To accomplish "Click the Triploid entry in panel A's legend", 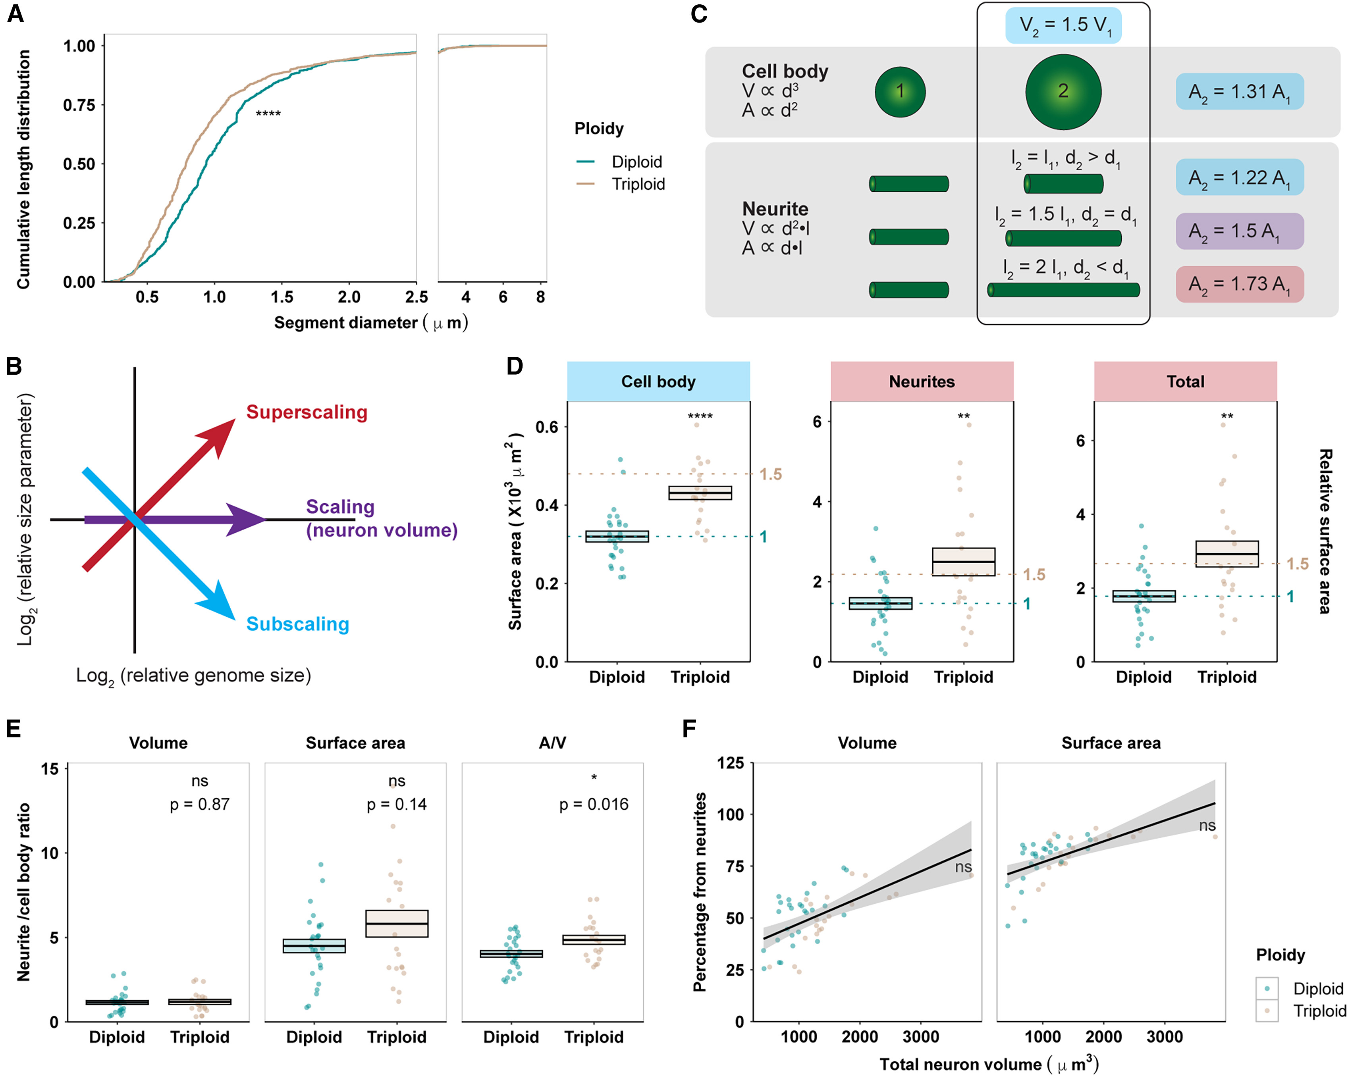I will click(638, 184).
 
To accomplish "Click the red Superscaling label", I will click(307, 412).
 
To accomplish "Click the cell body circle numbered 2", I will click(1063, 92).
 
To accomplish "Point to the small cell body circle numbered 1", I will click(900, 92).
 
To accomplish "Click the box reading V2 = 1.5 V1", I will click(1063, 26).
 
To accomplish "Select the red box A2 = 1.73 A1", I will click(1239, 284).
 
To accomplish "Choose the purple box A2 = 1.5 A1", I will click(1239, 231).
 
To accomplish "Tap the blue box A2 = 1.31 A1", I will click(1239, 92).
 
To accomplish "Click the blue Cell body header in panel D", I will click(658, 381).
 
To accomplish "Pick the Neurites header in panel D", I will click(922, 381).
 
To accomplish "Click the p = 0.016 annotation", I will click(593, 804).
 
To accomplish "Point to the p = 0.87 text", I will click(199, 804).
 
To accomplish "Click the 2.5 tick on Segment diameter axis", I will click(416, 297).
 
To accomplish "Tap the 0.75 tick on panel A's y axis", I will click(79, 105).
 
